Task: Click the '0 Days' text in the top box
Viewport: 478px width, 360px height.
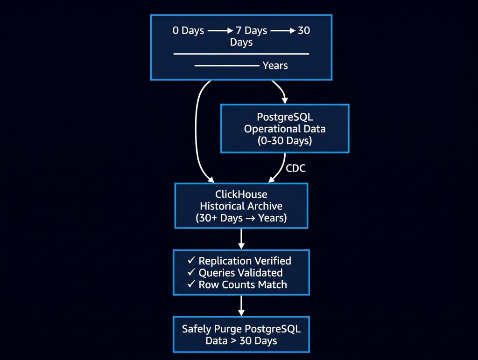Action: (x=188, y=30)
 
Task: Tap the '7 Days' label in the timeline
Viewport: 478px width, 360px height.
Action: (x=251, y=30)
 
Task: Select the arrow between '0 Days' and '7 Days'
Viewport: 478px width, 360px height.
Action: (x=220, y=31)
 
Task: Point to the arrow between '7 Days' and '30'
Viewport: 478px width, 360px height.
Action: (x=283, y=31)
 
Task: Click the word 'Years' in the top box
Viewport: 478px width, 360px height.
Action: (x=275, y=65)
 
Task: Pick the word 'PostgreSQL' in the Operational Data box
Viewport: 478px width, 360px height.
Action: (x=285, y=117)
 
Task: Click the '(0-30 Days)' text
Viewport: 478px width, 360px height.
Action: (x=285, y=141)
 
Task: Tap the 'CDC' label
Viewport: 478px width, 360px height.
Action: (x=295, y=168)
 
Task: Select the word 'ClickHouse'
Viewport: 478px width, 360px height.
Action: (x=241, y=194)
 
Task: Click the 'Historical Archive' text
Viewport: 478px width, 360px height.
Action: (x=241, y=206)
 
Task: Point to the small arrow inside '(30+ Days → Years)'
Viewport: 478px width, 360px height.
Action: (x=250, y=218)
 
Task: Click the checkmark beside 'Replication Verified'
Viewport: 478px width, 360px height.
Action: (x=191, y=260)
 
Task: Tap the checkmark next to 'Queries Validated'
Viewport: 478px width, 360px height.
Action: (x=191, y=272)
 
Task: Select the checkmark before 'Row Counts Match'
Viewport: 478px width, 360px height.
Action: (x=191, y=284)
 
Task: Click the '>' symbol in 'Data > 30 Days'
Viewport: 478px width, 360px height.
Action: (x=233, y=341)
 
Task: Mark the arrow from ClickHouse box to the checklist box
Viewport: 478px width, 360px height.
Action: (x=241, y=239)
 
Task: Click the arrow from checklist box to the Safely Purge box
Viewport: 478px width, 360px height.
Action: (x=241, y=305)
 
